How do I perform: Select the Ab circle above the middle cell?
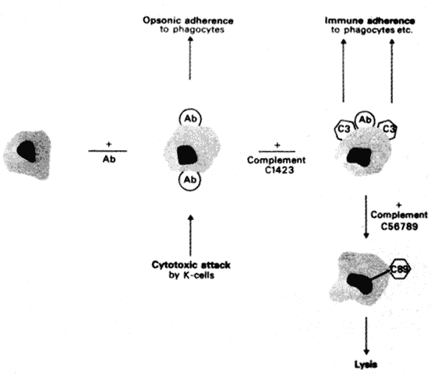tap(190, 119)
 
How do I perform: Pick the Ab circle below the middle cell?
tap(190, 180)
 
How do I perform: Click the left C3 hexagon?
tap(343, 130)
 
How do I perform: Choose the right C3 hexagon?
tap(388, 129)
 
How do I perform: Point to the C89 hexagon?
tap(400, 269)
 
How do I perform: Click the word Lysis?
tap(366, 364)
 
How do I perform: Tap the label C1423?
tap(279, 170)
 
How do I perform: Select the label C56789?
tap(400, 226)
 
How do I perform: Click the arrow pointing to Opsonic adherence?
tap(190, 58)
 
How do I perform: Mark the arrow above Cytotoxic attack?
tap(190, 235)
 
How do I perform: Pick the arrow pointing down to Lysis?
tap(366, 336)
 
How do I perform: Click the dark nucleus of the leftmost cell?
tap(27, 151)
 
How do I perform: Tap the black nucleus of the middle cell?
tap(187, 155)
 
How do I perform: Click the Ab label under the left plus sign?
tap(109, 159)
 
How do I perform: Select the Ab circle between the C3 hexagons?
tap(365, 120)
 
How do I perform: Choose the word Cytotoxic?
tap(171, 265)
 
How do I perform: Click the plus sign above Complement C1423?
tap(277, 145)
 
